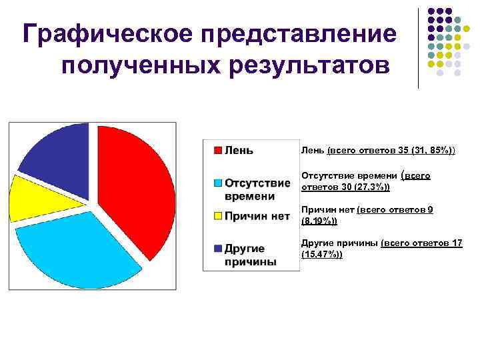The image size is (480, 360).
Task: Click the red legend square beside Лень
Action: pos(218,150)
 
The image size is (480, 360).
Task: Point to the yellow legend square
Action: pos(218,216)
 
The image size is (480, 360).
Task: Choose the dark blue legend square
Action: pos(218,249)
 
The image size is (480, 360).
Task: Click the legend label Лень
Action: pos(239,150)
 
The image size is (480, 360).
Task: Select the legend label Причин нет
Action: pos(257,216)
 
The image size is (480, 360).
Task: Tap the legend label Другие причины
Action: pos(250,255)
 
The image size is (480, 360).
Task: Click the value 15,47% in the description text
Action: pos(321,255)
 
